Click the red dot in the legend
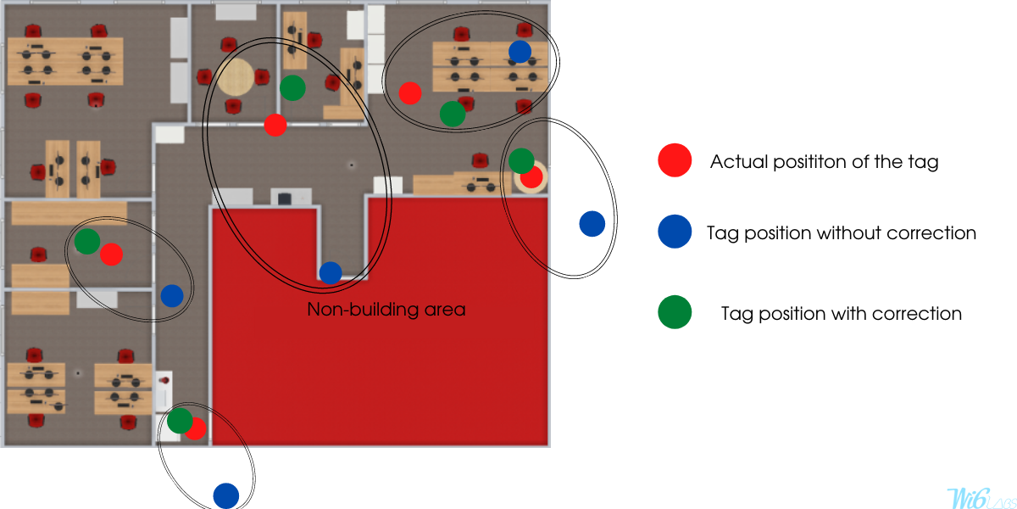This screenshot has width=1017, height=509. tap(675, 160)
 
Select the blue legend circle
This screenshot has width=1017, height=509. tap(675, 232)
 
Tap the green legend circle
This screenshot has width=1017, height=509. tap(675, 312)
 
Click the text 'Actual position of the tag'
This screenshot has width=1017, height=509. tap(824, 162)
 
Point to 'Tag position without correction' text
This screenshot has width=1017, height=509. tap(842, 233)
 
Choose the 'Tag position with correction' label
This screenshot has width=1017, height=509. tap(842, 314)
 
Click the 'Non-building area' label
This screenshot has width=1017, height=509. tap(386, 310)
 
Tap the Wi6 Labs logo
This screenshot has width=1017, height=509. tap(981, 498)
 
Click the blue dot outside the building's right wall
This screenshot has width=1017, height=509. tap(592, 224)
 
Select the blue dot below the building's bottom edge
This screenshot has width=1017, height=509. tap(226, 495)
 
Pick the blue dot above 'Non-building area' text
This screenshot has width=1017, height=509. tap(331, 273)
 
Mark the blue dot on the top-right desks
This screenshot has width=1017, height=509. tap(520, 52)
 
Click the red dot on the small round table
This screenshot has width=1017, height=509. tap(531, 176)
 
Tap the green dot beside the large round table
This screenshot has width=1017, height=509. tap(292, 88)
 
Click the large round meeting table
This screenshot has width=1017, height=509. tap(236, 77)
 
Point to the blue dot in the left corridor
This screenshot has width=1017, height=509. tap(172, 296)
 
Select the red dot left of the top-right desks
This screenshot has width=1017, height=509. tap(410, 93)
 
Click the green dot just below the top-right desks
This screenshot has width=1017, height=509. tap(453, 114)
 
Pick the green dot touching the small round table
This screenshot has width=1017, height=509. tap(521, 160)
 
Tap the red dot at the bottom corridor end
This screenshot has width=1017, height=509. tap(196, 428)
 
